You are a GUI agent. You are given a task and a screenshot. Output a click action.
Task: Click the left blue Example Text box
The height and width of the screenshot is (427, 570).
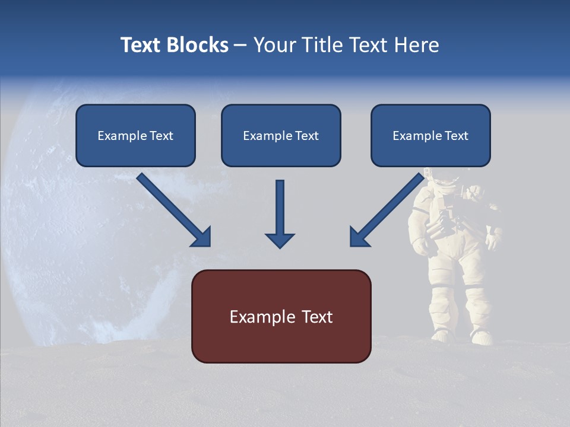click(135, 135)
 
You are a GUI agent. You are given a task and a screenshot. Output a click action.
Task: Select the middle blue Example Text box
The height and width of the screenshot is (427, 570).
click(281, 135)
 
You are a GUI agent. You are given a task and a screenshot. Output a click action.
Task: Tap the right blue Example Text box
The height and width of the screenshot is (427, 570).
click(430, 135)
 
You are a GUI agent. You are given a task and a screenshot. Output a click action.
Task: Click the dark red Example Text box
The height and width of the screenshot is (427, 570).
click(281, 316)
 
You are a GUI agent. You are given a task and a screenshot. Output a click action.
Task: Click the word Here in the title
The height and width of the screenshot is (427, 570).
click(417, 45)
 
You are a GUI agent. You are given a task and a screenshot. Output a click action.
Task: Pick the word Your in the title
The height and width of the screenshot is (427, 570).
click(273, 45)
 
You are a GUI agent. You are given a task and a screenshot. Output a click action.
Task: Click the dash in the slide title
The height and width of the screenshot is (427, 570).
click(240, 46)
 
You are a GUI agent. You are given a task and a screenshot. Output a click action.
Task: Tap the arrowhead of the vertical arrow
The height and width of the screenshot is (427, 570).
click(280, 240)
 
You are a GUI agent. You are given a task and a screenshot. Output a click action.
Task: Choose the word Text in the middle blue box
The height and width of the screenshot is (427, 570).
click(306, 136)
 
